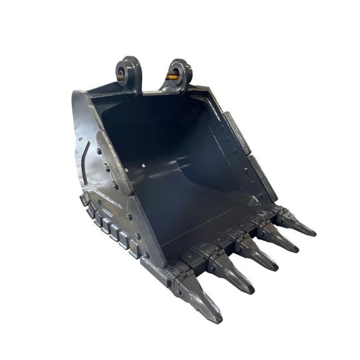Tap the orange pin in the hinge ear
172,76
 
